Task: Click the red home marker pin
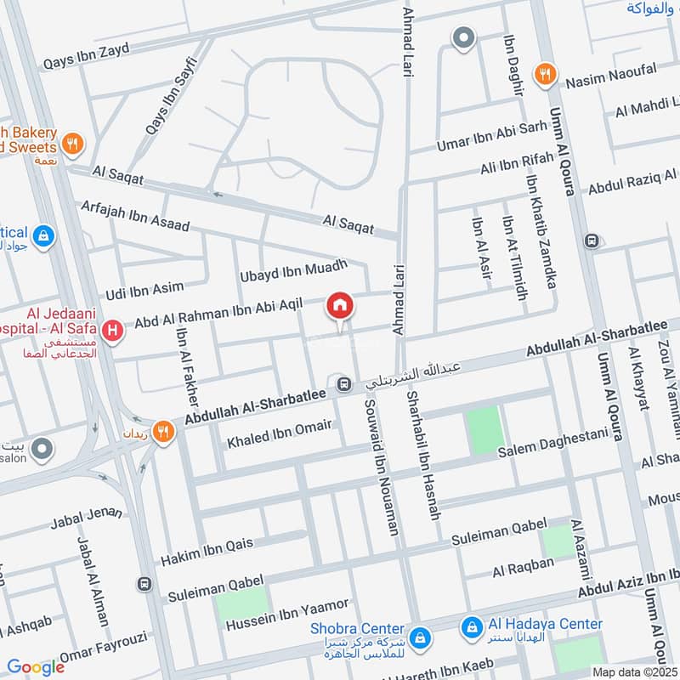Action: pyautogui.click(x=339, y=306)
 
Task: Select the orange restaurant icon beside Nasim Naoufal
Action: pyautogui.click(x=545, y=76)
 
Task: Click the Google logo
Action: pyautogui.click(x=36, y=668)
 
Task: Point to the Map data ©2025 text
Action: pyautogui.click(x=635, y=671)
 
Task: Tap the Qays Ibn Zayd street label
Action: pyautogui.click(x=85, y=56)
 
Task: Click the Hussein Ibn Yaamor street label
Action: pyautogui.click(x=287, y=615)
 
